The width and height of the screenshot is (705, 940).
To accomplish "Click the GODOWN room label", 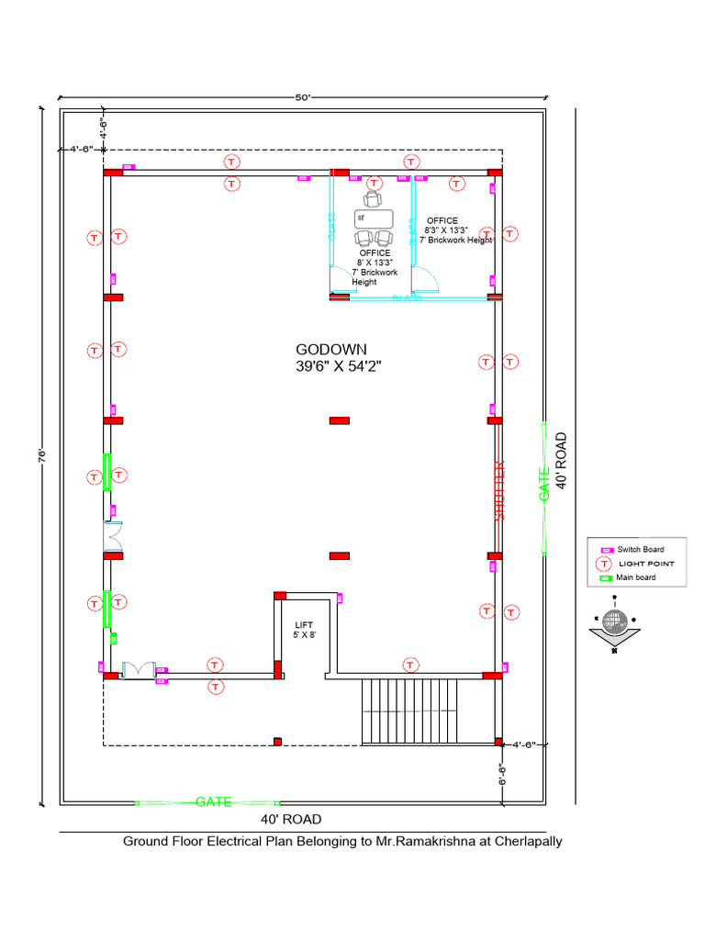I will (x=330, y=349).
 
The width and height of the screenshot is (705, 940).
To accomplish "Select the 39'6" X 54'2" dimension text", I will (x=338, y=365).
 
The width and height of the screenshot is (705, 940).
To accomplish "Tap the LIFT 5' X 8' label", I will (x=304, y=629).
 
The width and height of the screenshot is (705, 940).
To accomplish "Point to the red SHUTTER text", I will (x=500, y=491).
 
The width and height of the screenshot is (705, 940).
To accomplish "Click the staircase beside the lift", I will (x=427, y=711).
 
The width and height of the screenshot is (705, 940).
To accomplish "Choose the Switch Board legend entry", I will (x=640, y=549).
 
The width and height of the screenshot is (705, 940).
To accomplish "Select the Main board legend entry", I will (x=635, y=577).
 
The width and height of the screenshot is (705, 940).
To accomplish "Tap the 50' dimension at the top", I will (x=302, y=96).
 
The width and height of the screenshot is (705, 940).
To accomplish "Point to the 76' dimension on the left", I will (x=42, y=456).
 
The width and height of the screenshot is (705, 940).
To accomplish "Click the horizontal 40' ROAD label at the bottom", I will (x=291, y=819).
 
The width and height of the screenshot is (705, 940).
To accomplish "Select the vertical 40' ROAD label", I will (x=562, y=462).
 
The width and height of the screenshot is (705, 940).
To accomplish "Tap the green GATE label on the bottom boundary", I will (x=213, y=801).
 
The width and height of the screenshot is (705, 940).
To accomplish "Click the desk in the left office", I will (x=374, y=219).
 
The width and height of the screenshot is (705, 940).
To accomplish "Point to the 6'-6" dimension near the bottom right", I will (x=502, y=774).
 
